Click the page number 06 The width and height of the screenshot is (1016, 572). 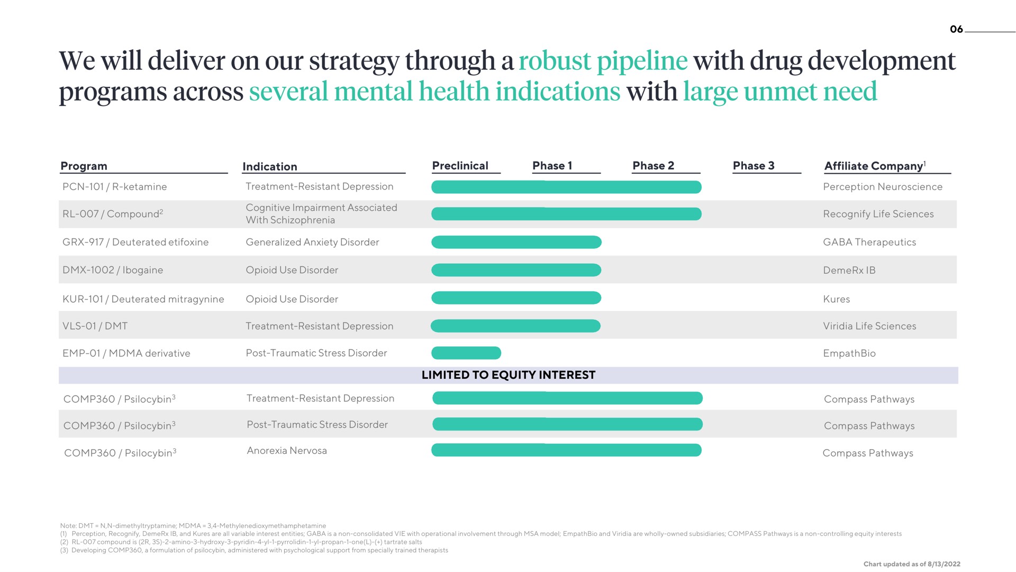click(956, 29)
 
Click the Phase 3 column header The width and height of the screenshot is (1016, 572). click(754, 166)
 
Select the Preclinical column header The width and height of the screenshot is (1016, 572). click(460, 166)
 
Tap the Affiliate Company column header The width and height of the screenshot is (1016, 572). click(875, 166)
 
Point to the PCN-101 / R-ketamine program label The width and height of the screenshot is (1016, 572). click(114, 186)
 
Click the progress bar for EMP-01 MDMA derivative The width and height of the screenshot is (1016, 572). click(466, 353)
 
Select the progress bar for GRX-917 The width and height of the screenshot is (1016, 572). click(516, 242)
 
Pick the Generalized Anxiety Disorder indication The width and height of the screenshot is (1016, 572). click(312, 242)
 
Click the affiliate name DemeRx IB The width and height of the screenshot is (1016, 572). click(849, 270)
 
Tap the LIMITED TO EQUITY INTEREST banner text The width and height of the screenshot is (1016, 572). click(509, 375)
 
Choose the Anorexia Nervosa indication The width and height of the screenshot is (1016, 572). click(287, 451)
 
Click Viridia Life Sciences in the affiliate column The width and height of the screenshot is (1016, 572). click(869, 326)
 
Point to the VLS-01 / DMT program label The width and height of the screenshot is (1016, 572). click(95, 326)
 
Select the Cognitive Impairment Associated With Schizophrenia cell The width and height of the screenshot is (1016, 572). click(321, 214)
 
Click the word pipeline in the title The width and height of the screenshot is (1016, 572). click(642, 61)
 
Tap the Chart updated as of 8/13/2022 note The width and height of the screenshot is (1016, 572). click(912, 564)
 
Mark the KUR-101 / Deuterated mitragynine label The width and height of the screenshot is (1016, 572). click(143, 299)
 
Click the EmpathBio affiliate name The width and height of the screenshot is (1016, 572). click(849, 353)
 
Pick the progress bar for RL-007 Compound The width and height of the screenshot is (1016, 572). click(566, 214)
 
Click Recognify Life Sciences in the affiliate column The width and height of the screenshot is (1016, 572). click(878, 214)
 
